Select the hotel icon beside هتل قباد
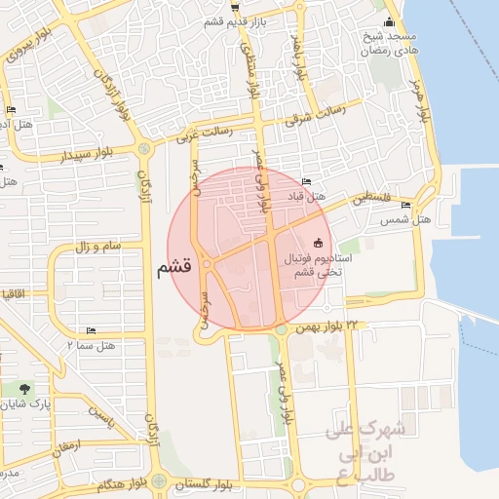(307, 181)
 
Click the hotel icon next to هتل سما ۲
(92, 331)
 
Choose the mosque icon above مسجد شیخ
(390, 21)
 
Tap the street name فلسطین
(371, 198)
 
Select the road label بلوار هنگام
(123, 483)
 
